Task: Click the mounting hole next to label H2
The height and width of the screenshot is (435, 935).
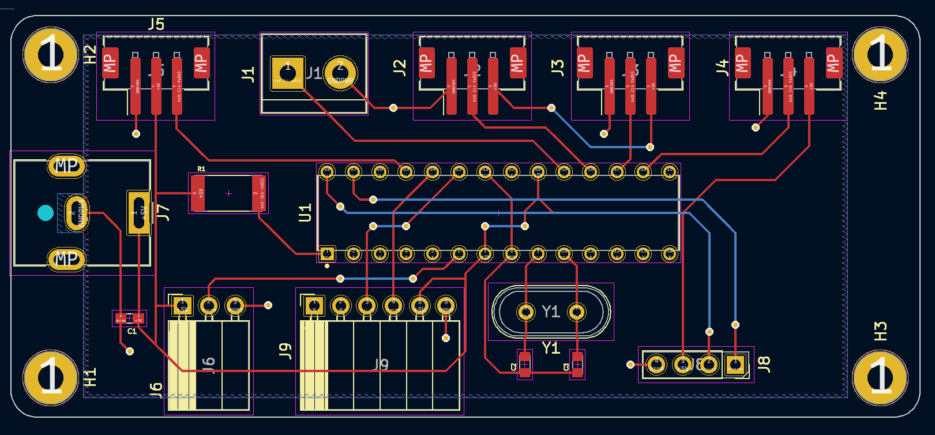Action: point(50,55)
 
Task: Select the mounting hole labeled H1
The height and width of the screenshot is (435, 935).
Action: point(50,378)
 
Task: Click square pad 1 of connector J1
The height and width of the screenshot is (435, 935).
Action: point(287,73)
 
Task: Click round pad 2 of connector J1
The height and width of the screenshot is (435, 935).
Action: point(340,73)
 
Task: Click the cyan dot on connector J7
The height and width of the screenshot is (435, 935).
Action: point(46,213)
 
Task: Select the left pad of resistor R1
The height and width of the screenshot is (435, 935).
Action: point(198,193)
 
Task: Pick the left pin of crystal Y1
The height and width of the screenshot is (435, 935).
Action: point(526,312)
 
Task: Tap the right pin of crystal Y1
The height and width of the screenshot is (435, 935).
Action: point(576,312)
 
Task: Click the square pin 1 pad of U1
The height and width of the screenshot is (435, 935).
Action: point(327,253)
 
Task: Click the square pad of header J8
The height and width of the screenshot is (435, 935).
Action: point(735,364)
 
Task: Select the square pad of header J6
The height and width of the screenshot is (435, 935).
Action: point(182,305)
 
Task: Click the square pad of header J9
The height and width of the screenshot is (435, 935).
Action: point(314,305)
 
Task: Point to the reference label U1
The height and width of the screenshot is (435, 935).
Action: point(305,212)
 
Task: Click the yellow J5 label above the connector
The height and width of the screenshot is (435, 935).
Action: point(156,24)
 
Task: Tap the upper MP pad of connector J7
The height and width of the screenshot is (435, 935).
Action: point(66,166)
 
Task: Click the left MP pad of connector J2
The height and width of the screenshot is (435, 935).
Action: point(426,62)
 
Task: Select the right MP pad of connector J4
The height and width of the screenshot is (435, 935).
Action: point(833,62)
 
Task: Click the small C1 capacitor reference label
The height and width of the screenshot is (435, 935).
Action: point(132,331)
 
